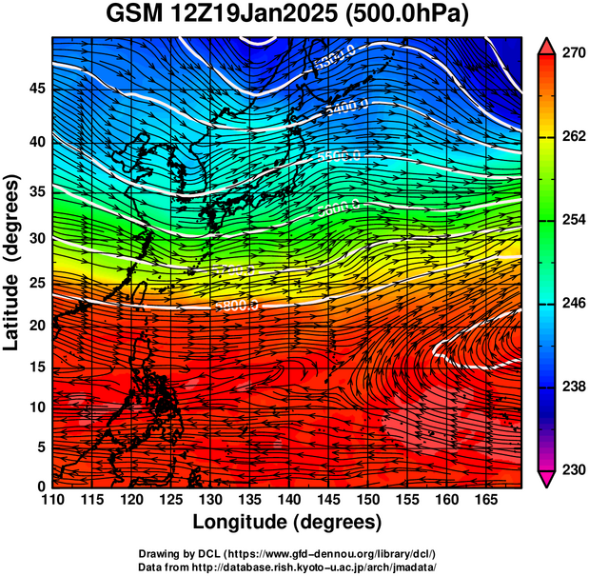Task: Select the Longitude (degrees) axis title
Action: coord(287,522)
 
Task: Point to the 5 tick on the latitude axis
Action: coord(39,447)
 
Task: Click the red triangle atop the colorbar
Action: coord(546,45)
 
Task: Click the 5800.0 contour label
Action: coord(236,306)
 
